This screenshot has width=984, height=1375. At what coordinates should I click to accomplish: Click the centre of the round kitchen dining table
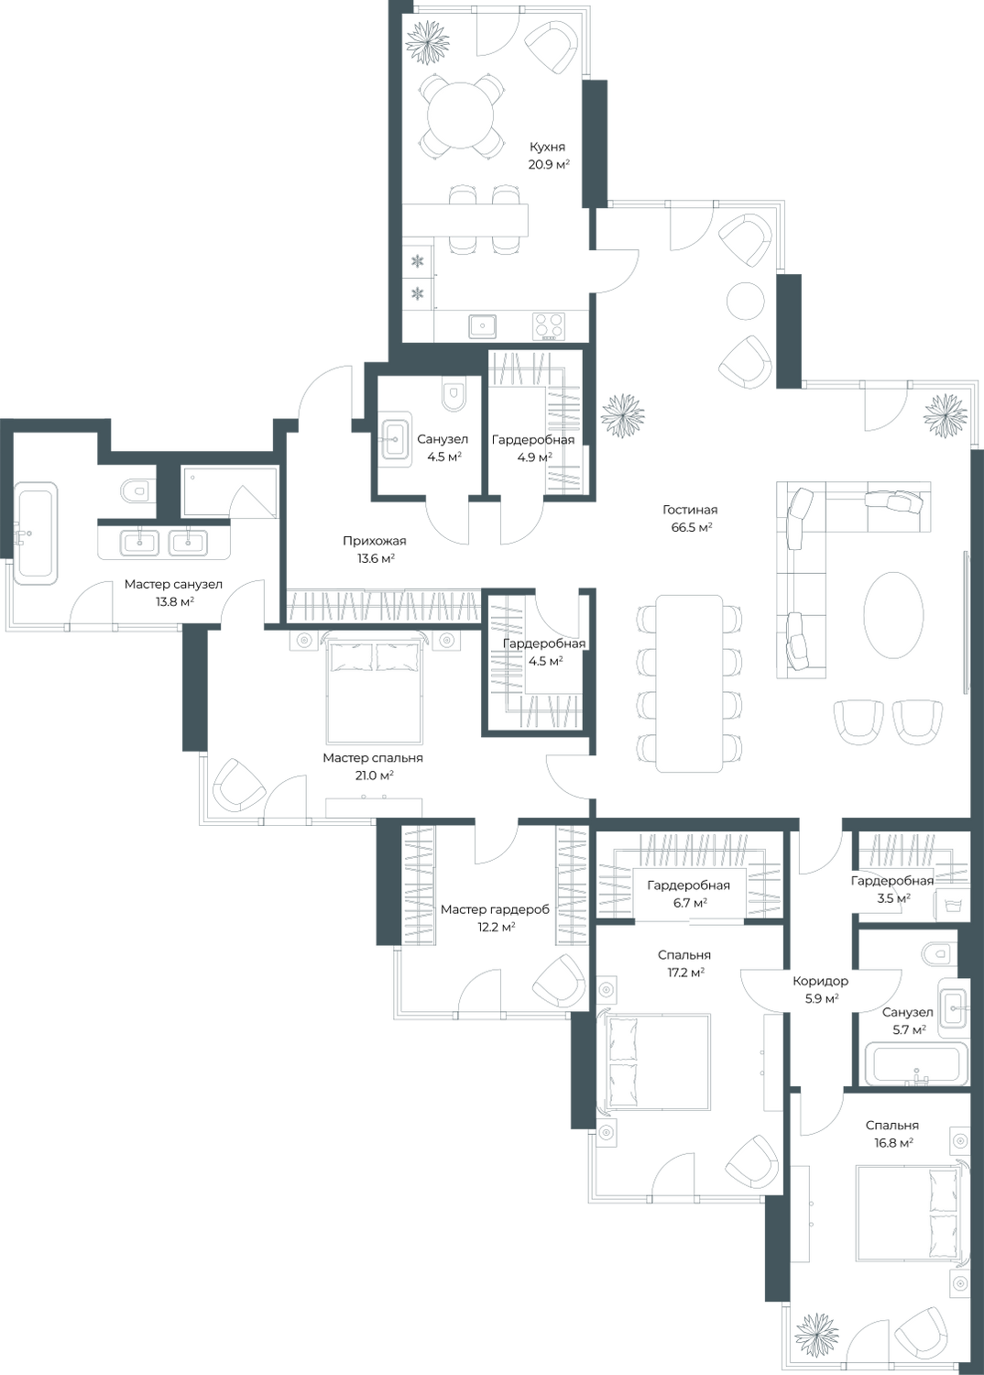[461, 115]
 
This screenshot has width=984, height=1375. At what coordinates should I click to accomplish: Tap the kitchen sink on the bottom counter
[483, 326]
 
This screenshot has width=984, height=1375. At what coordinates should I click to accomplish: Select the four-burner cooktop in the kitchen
[549, 326]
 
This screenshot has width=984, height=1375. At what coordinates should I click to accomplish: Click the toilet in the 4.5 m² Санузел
[454, 397]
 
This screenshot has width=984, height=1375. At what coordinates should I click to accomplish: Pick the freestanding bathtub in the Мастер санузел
[35, 533]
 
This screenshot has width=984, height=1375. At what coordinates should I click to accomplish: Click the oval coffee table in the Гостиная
[893, 616]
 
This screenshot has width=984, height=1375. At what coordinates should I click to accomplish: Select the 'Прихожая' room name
[374, 542]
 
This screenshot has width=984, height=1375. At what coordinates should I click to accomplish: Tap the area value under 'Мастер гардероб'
[497, 927]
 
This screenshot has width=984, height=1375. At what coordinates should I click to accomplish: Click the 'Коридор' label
[821, 982]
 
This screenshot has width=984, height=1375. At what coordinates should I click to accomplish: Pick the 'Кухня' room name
[547, 148]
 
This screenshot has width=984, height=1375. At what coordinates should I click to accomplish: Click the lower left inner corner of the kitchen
[402, 342]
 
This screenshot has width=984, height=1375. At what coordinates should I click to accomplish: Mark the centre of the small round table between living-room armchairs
[746, 301]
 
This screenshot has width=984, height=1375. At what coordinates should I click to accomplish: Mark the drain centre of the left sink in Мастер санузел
[140, 543]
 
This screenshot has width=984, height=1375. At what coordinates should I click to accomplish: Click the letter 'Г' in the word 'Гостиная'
[666, 510]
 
